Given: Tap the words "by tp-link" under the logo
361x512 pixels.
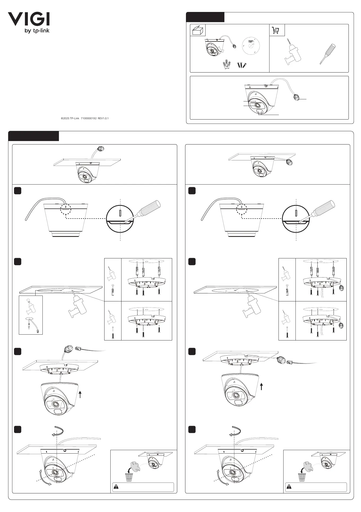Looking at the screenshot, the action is [x=37, y=31].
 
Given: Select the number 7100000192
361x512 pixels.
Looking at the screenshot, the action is [x=88, y=118].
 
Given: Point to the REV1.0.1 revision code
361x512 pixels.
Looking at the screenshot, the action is [x=103, y=118].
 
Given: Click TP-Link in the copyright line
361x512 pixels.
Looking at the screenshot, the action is [x=75, y=118].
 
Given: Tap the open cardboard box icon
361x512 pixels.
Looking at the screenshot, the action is [x=198, y=30].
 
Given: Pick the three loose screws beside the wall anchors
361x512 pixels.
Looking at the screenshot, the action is [x=242, y=65].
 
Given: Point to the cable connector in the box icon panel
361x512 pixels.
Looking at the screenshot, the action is [x=234, y=46].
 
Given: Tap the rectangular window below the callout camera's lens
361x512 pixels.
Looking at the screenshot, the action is [x=260, y=112].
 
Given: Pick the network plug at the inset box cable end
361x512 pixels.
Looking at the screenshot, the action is [x=38, y=331].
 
